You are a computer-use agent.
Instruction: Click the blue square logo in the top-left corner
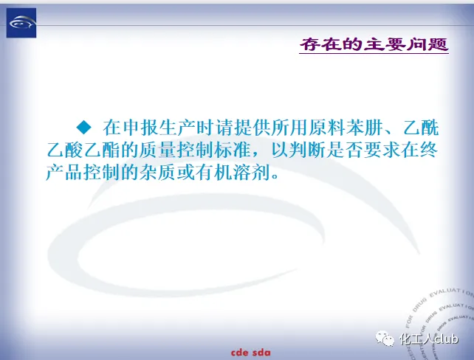pyautogui.click(x=21, y=23)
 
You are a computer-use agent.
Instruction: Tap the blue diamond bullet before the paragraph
pyautogui.click(x=83, y=127)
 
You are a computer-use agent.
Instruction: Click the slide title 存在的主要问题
pyautogui.click(x=374, y=45)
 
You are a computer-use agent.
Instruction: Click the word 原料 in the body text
pyautogui.click(x=317, y=128)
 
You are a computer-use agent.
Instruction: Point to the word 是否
pyautogui.click(x=337, y=150)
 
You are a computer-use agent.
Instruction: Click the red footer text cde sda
pyautogui.click(x=251, y=353)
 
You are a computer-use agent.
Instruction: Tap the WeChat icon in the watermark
pyautogui.click(x=385, y=339)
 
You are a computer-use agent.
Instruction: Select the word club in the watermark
pyautogui.click(x=446, y=339)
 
